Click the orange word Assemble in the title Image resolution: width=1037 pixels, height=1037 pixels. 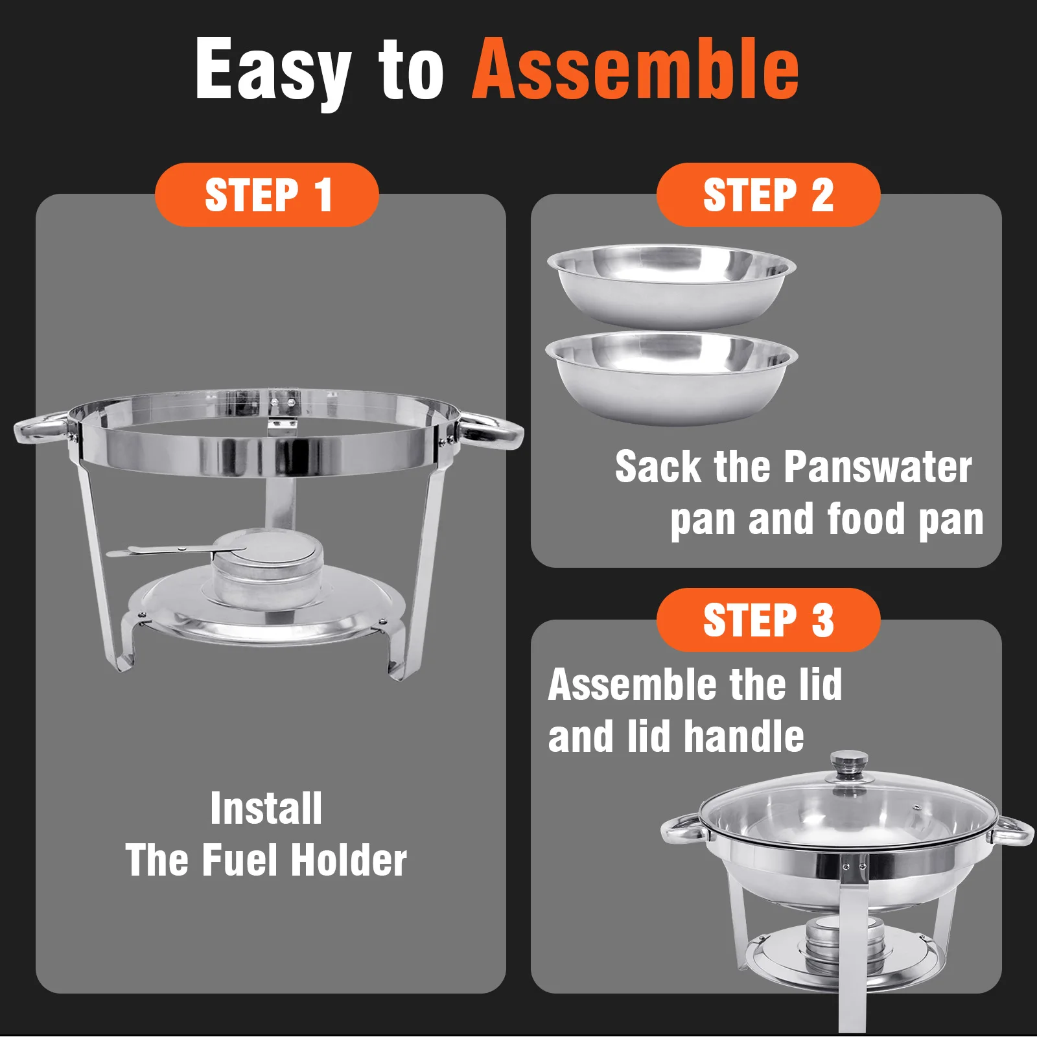tap(636, 68)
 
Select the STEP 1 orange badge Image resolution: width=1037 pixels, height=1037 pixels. tap(267, 194)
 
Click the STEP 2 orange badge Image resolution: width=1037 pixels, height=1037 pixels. tap(768, 194)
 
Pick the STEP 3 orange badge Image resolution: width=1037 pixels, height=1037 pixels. tap(768, 620)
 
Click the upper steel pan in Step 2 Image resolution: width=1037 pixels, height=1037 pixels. tap(671, 285)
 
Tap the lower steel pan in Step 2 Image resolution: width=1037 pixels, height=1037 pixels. tap(671, 378)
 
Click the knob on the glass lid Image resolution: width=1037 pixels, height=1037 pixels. tap(850, 766)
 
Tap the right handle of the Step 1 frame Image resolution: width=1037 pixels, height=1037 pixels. tap(491, 430)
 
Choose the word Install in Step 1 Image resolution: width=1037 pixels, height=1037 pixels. tap(266, 808)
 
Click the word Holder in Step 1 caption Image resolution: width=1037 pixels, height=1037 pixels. tap(349, 860)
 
